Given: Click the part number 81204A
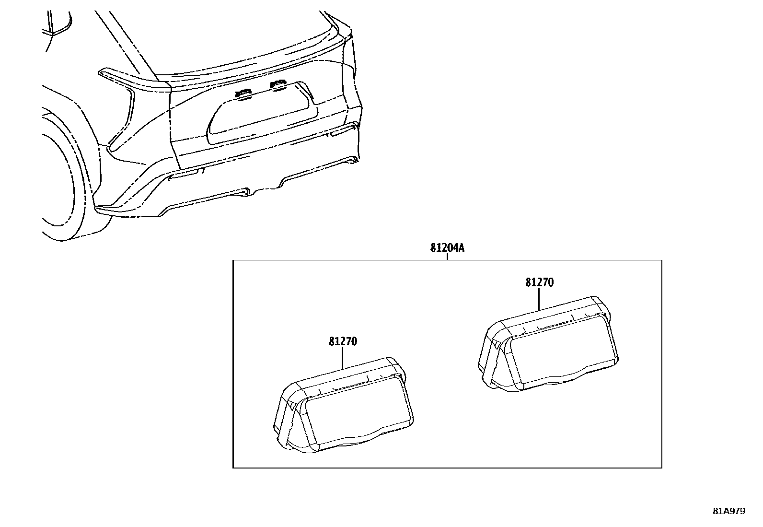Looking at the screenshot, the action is point(447,248).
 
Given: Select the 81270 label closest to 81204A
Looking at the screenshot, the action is point(540,282).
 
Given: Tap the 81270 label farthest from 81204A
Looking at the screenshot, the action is point(343,341).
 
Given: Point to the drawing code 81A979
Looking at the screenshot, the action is point(729,511).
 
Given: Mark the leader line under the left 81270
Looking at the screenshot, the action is point(343,358).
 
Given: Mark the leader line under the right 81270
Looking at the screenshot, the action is point(539,299).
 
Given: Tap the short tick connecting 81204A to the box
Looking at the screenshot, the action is point(447,257).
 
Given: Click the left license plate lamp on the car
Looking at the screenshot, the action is point(243,94).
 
